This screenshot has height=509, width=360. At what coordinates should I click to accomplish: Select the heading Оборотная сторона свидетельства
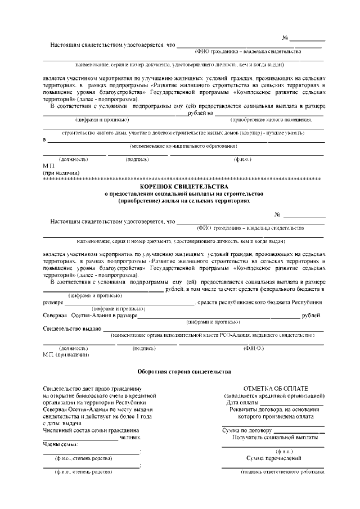coord(184,372)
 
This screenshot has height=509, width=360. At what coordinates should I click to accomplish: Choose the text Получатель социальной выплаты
coord(273,437)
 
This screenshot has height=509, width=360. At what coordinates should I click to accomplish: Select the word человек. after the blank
coord(130,437)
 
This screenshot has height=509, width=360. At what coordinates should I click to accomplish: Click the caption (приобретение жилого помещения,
coord(271,120)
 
